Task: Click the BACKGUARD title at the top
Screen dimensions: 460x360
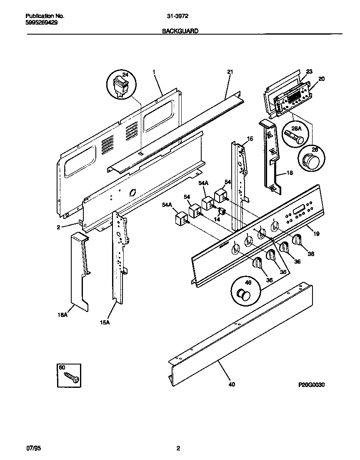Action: (x=180, y=31)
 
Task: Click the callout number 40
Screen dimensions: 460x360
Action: (x=232, y=384)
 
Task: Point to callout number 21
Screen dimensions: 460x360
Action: (x=230, y=72)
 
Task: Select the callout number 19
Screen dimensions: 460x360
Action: (x=316, y=234)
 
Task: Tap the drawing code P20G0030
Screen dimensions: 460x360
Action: (x=311, y=385)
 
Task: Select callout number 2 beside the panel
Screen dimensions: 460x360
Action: (x=59, y=227)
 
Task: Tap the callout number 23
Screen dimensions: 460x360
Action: (x=309, y=71)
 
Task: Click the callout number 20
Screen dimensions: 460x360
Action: (x=321, y=78)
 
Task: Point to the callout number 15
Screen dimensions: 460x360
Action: (x=250, y=138)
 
